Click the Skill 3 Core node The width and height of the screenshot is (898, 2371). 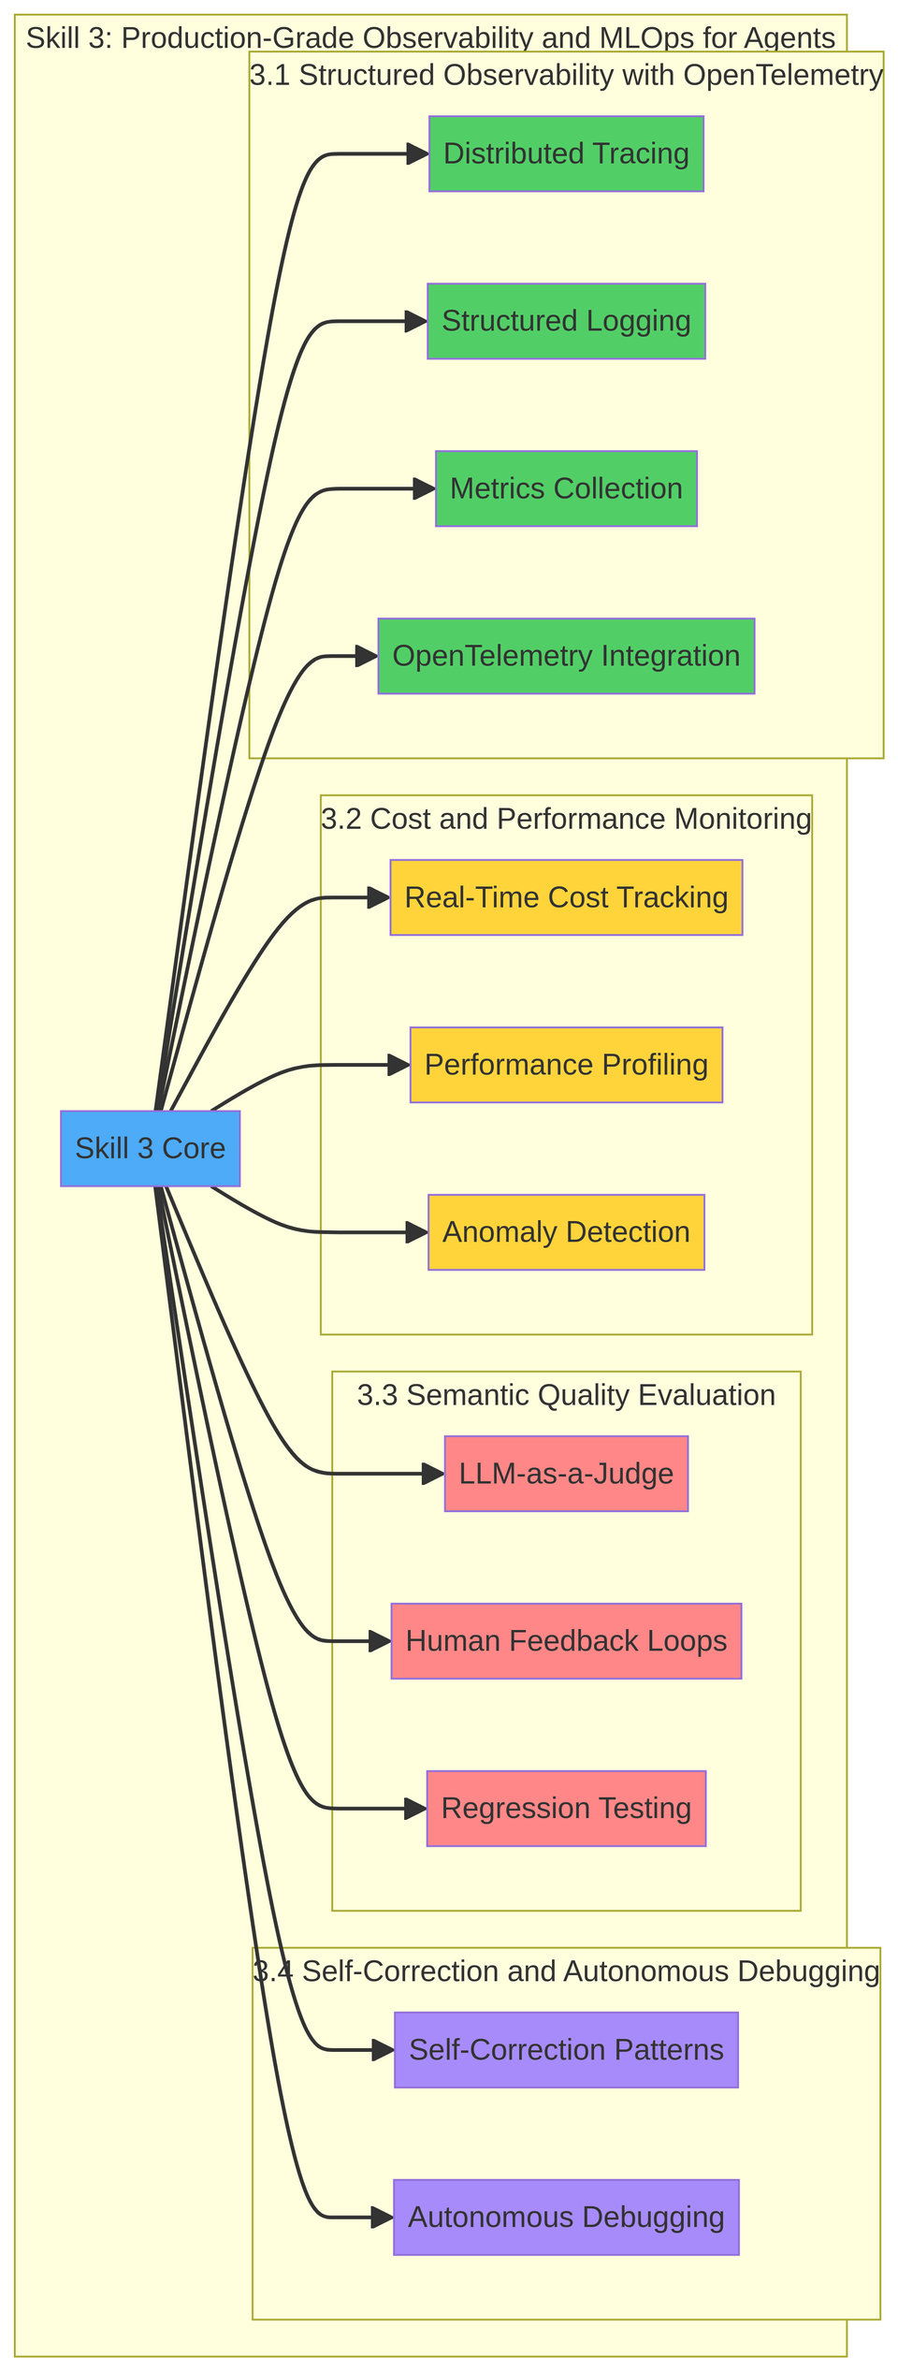[150, 1148]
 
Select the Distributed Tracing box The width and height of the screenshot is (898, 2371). [566, 154]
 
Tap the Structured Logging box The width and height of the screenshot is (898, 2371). [566, 321]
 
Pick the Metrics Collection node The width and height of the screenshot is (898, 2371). [566, 488]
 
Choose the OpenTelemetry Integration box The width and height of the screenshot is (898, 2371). [566, 656]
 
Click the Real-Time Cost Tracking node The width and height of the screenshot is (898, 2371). [566, 897]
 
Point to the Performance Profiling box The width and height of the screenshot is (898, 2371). [566, 1065]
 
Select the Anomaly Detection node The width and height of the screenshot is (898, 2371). [566, 1232]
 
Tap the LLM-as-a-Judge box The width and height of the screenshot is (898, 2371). [566, 1474]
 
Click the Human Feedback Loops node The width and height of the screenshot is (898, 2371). [566, 1641]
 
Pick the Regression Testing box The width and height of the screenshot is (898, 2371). [566, 1809]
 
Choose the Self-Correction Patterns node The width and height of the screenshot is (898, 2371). [566, 2050]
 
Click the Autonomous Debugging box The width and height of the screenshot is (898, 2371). [566, 2218]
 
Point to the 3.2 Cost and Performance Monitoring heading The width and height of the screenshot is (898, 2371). [566, 820]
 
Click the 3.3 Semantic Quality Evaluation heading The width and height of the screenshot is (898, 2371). [566, 1396]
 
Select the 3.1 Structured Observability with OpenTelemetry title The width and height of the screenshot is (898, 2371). [566, 76]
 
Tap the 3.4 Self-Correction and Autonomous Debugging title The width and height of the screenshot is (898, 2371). [566, 1972]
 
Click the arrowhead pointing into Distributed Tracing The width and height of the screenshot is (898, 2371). [417, 154]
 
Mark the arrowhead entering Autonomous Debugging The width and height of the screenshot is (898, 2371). [383, 2218]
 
